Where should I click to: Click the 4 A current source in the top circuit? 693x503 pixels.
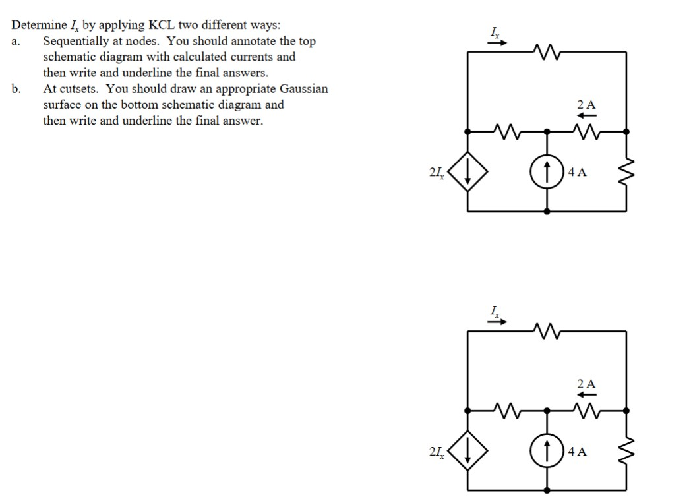(x=547, y=173)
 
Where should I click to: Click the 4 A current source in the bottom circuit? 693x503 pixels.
(x=547, y=452)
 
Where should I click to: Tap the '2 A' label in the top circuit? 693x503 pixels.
(x=586, y=104)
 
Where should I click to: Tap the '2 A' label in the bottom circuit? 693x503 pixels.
(x=586, y=383)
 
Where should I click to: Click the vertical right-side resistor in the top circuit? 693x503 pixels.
(x=626, y=173)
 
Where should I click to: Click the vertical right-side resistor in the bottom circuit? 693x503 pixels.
(x=626, y=452)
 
